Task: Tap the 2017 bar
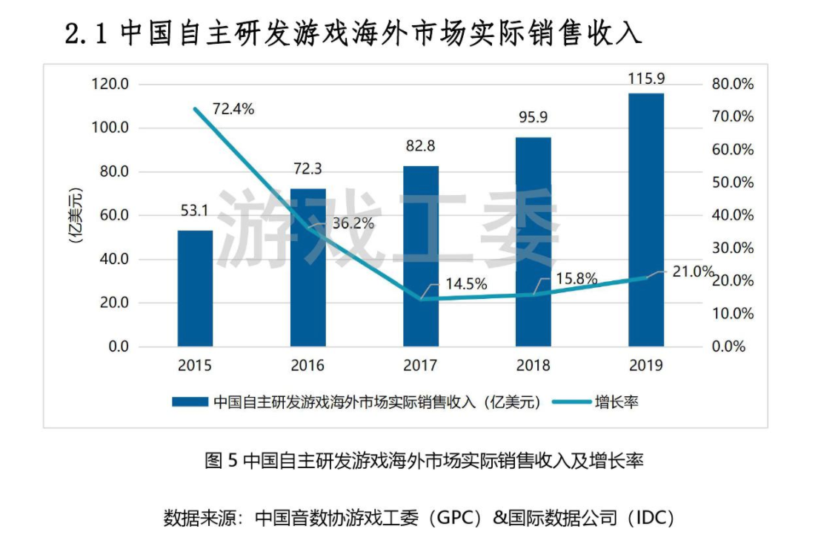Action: (421, 256)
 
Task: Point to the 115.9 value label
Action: (646, 78)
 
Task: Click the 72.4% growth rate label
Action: (233, 109)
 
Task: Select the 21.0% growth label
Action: (693, 272)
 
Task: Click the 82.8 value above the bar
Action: (420, 146)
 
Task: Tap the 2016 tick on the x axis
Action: (308, 365)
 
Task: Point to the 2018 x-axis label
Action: (534, 365)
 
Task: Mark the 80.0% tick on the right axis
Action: (732, 85)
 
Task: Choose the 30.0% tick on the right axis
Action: (732, 248)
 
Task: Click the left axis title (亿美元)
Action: (75, 216)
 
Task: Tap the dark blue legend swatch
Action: (190, 402)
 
